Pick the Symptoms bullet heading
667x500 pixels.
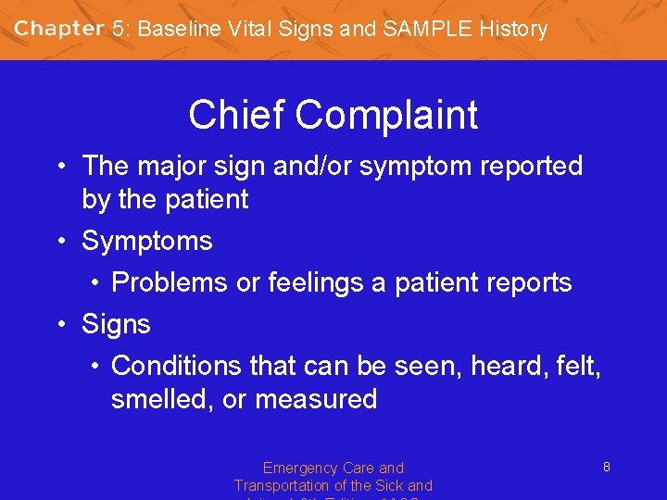(x=147, y=242)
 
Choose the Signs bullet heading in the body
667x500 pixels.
(x=116, y=325)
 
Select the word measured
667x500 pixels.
(x=316, y=400)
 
